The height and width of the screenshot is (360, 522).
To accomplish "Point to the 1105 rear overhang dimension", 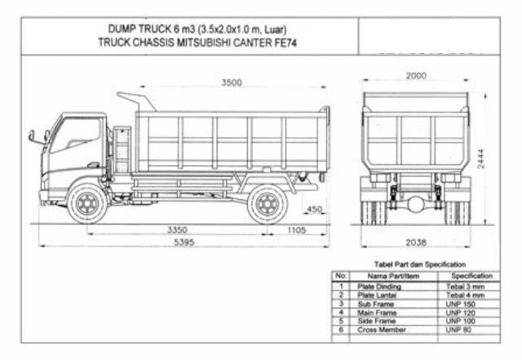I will [x=297, y=230].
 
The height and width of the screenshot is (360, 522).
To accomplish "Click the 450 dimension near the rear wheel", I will [x=315, y=210].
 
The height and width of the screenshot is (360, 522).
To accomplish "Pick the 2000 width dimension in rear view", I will [x=415, y=76].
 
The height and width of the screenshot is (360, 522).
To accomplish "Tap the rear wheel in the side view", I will [x=267, y=203].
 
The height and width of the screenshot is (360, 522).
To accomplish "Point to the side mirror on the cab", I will [x=33, y=136].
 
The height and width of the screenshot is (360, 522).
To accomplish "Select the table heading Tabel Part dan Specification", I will [x=420, y=264].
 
